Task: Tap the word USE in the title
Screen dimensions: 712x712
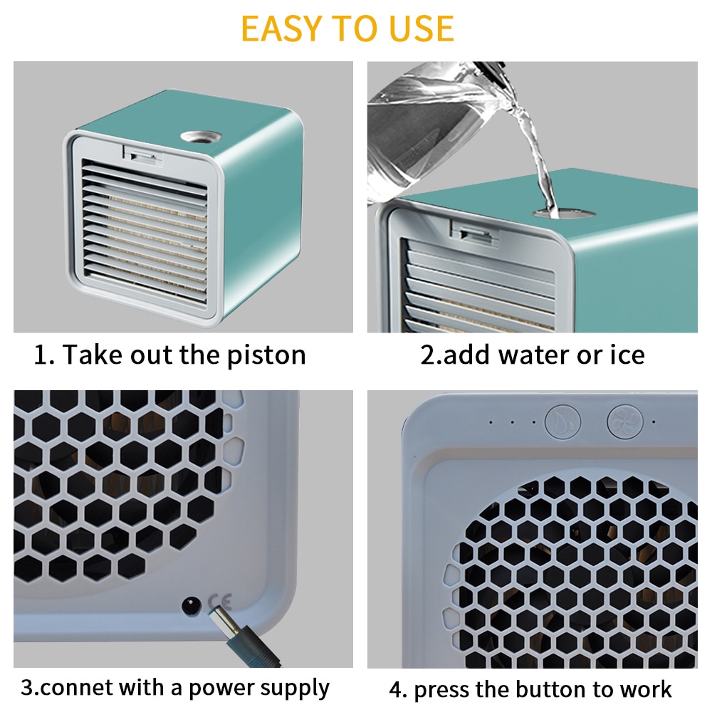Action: (419, 28)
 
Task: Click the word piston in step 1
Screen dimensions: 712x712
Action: (266, 355)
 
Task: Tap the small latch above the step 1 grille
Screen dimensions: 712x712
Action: (138, 152)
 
